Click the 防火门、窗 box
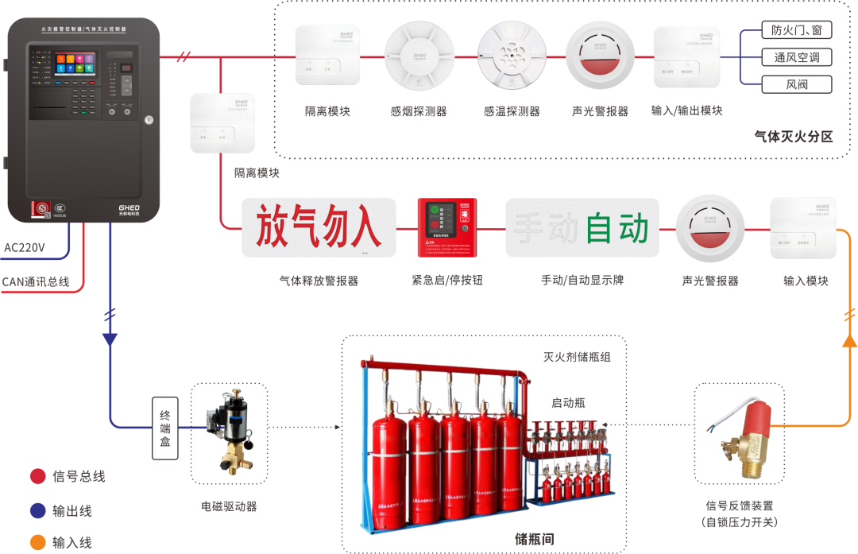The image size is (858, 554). [x=796, y=30]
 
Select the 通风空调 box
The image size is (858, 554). [x=796, y=57]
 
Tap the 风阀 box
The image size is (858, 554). [x=796, y=84]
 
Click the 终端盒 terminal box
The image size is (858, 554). [x=165, y=429]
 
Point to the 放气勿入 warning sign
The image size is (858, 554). [x=318, y=227]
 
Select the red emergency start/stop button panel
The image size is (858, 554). [x=447, y=227]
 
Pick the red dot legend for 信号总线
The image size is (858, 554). [x=37, y=476]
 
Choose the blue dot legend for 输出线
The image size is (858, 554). [x=37, y=510]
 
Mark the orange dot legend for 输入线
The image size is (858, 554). [x=37, y=543]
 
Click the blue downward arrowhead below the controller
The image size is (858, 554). [x=110, y=339]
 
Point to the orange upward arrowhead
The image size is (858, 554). [x=849, y=342]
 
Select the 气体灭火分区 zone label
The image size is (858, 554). [x=793, y=137]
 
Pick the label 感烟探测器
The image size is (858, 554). [x=419, y=111]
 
